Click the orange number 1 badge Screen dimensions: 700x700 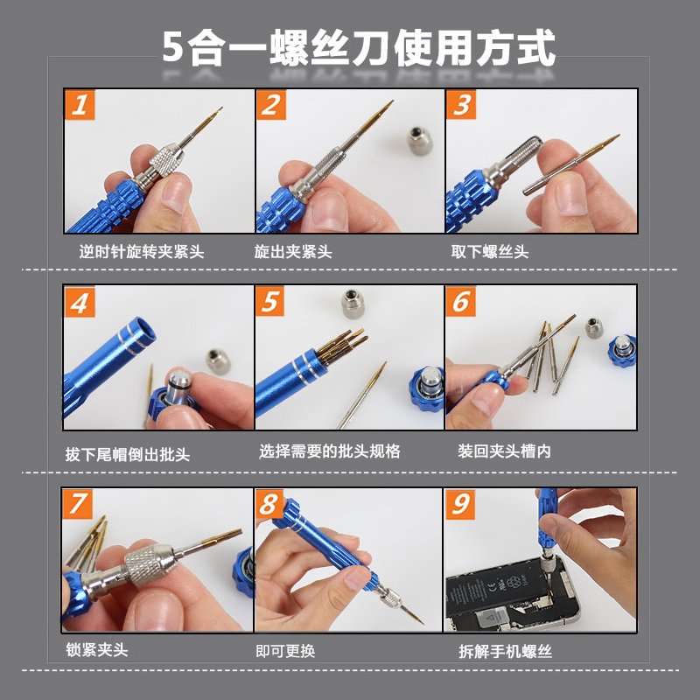[80, 105]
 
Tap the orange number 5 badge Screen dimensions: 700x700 [270, 301]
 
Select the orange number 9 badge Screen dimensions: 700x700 [460, 505]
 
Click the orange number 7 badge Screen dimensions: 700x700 [77, 504]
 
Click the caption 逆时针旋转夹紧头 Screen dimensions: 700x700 [142, 252]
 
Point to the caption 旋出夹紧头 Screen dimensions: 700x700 [293, 252]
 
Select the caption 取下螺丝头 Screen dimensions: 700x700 [490, 252]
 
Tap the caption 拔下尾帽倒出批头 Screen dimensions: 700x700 [128, 454]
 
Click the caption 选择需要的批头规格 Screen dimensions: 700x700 [330, 451]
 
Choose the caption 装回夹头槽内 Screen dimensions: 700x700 [505, 451]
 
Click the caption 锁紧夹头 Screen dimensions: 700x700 [97, 649]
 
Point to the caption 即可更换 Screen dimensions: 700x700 [286, 651]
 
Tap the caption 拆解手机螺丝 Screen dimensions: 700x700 [506, 651]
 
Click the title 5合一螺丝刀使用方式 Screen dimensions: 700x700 [359, 48]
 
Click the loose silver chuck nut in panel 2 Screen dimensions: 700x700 [420, 140]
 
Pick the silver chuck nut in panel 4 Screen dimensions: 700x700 [218, 361]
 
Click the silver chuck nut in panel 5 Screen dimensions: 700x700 [353, 304]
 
